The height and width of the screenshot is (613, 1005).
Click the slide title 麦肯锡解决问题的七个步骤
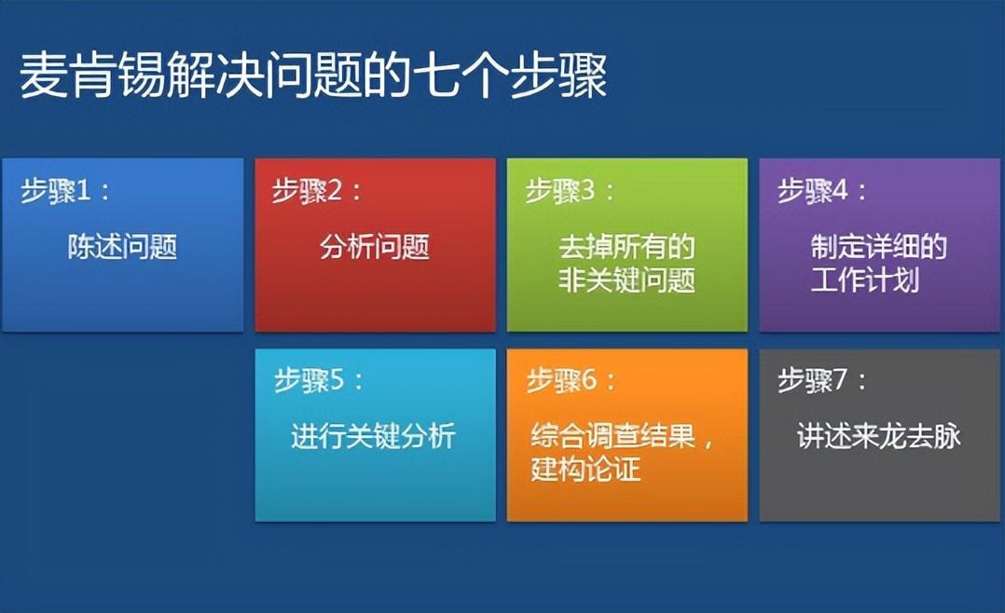click(x=313, y=76)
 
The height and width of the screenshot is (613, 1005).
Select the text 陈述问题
click(x=122, y=247)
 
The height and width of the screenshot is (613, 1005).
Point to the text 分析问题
click(x=375, y=247)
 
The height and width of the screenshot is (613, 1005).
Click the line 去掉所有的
click(x=626, y=247)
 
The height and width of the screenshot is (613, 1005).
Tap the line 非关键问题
click(x=626, y=279)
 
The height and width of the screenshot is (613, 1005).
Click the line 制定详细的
click(x=879, y=247)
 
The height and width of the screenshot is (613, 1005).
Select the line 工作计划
click(x=864, y=279)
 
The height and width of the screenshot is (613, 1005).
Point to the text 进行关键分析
click(x=373, y=436)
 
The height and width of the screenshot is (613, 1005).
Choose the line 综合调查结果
click(x=613, y=436)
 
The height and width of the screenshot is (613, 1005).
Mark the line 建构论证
click(x=585, y=469)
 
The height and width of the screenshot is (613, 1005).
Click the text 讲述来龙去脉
click(x=879, y=436)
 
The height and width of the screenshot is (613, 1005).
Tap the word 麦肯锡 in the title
click(x=92, y=76)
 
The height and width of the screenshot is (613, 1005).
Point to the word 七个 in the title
click(x=460, y=76)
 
